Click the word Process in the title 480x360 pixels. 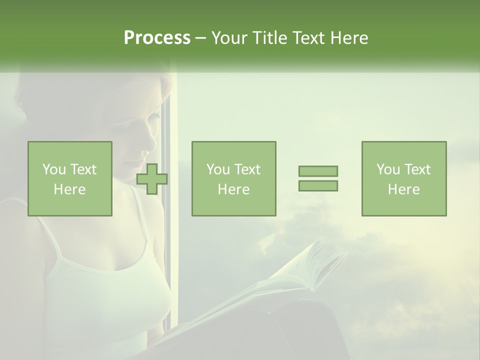coord(157,38)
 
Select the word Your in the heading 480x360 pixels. coord(229,38)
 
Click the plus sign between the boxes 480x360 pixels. coord(152,179)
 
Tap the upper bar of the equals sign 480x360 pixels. coord(318,171)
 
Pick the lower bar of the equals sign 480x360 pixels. coord(318,185)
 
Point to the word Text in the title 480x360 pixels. coord(307,38)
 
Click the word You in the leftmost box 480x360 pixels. coord(53,169)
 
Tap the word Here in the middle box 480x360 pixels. coord(233,189)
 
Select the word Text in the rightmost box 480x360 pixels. coord(417,169)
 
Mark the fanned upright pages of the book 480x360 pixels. coord(320,265)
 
